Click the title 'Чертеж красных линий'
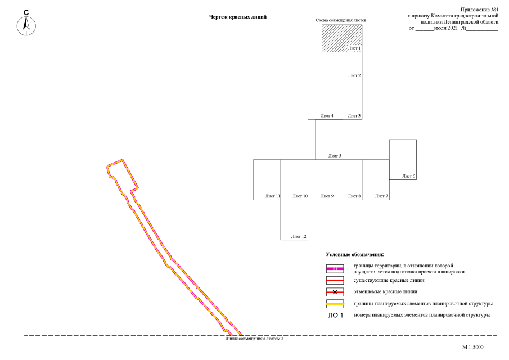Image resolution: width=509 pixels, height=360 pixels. click(x=237, y=17)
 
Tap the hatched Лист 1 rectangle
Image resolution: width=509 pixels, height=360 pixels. click(x=342, y=38)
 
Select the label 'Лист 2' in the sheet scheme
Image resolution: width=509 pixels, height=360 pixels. click(x=354, y=75)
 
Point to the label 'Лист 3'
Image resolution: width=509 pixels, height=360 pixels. click(x=354, y=115)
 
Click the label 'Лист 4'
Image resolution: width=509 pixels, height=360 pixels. click(x=327, y=115)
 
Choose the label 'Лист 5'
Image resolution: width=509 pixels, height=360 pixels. click(x=335, y=156)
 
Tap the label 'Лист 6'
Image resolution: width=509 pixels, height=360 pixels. click(x=409, y=176)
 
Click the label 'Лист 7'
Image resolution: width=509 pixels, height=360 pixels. click(x=381, y=196)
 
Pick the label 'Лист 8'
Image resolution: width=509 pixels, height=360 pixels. click(x=354, y=196)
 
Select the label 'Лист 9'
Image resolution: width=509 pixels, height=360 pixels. click(x=327, y=196)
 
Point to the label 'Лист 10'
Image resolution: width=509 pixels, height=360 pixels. click(x=300, y=196)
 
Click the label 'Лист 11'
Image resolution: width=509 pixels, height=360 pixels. click(x=272, y=196)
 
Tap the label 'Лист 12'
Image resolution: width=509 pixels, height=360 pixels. click(x=299, y=236)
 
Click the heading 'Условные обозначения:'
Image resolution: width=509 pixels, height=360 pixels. click(x=354, y=254)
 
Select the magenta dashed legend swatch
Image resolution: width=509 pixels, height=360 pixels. click(x=335, y=269)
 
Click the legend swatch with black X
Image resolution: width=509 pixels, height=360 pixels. click(x=335, y=292)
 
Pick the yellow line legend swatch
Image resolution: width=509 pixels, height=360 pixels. click(x=335, y=304)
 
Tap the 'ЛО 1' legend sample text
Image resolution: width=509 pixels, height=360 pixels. click(x=335, y=315)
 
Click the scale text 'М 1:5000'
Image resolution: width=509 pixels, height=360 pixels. click(x=472, y=347)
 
